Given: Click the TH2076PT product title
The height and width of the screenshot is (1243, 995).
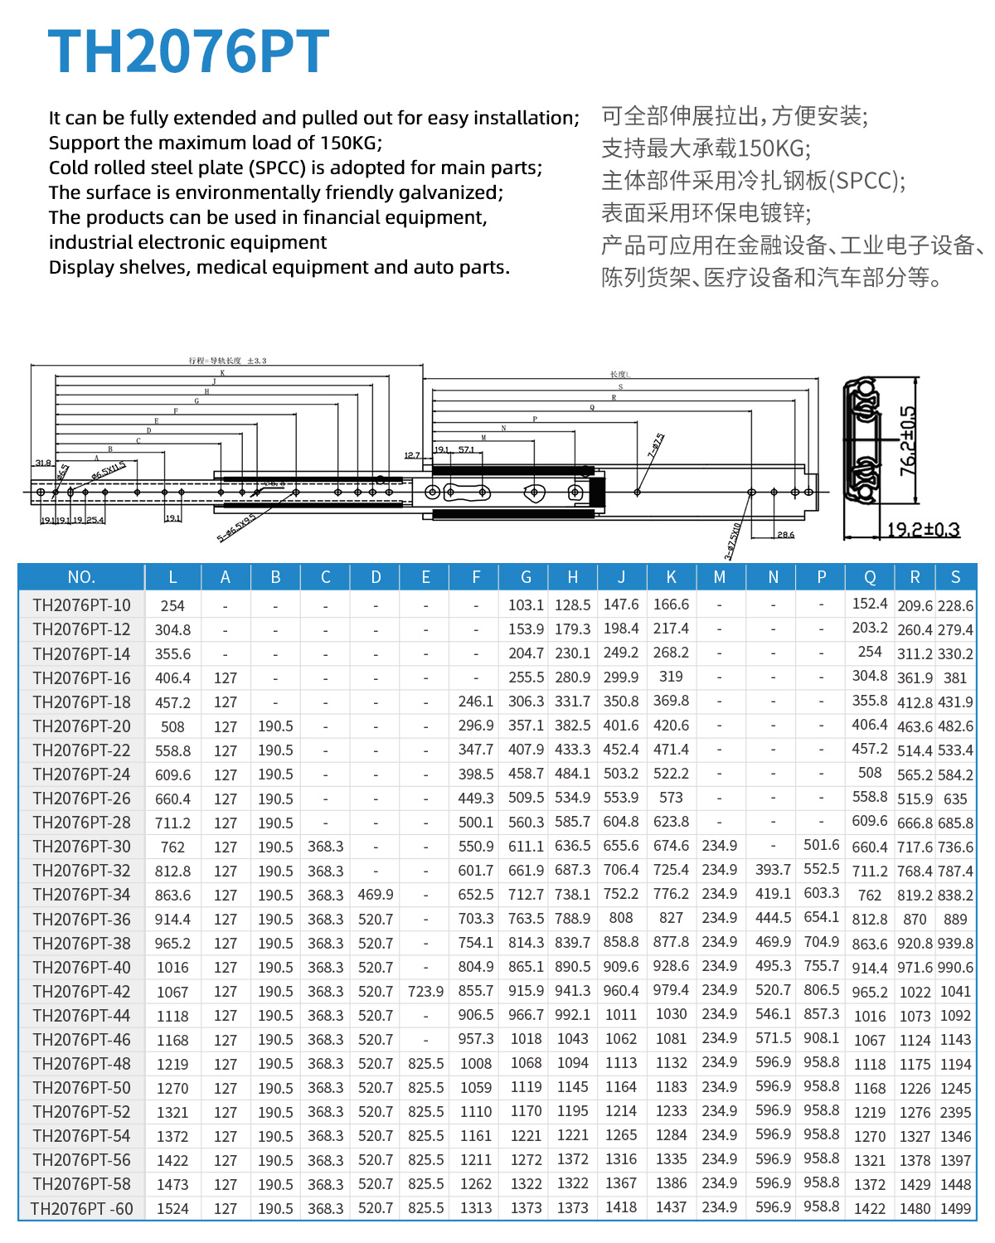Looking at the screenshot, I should click(x=189, y=51).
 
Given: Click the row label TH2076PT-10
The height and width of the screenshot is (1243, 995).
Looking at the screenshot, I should click(x=81, y=605).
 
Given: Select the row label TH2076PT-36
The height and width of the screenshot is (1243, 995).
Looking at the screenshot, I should click(x=81, y=919).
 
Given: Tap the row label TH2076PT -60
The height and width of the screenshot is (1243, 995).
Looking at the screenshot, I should click(x=81, y=1208).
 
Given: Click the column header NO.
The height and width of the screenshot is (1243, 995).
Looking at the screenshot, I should click(x=81, y=577).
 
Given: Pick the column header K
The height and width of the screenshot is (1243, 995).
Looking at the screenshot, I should click(x=671, y=577).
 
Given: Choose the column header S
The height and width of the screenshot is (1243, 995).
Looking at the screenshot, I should click(x=955, y=577).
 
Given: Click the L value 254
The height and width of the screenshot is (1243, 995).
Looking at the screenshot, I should click(x=172, y=605).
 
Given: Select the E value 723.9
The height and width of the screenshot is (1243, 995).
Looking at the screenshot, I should click(x=425, y=992).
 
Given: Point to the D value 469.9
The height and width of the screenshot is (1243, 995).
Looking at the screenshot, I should click(x=376, y=895).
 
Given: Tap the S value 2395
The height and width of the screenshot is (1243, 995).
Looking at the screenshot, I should click(x=955, y=1112).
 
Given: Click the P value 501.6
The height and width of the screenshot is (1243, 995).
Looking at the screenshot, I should click(x=821, y=845).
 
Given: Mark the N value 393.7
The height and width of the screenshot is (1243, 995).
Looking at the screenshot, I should click(x=773, y=870).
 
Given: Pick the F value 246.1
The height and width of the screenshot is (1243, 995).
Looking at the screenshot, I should click(x=476, y=702).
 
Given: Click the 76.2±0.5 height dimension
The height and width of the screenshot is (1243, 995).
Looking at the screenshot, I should click(x=909, y=441).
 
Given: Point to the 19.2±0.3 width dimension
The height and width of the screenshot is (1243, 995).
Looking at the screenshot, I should click(x=923, y=529).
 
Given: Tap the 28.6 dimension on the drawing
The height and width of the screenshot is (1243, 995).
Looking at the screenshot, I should click(x=785, y=535).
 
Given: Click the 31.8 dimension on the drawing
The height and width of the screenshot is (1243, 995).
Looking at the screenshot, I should click(x=42, y=463).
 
